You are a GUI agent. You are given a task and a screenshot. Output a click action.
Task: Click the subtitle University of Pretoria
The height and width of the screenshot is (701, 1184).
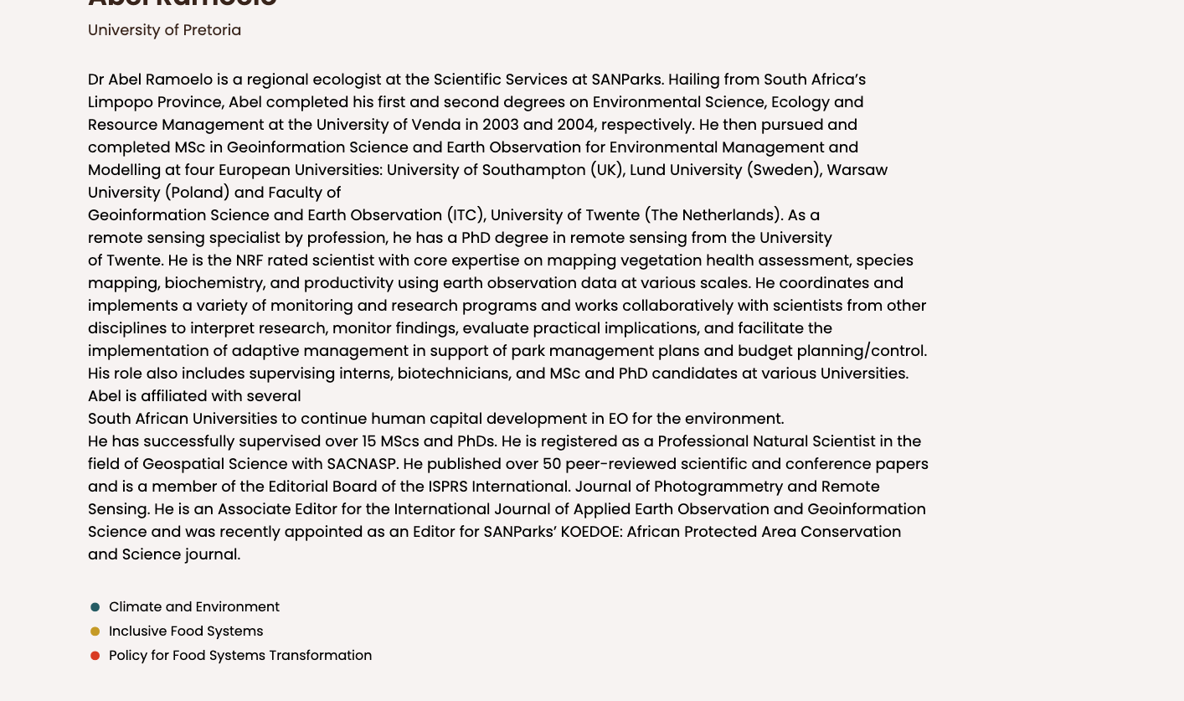click(x=164, y=30)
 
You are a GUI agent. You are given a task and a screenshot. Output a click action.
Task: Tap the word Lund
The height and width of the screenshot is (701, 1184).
click(x=647, y=170)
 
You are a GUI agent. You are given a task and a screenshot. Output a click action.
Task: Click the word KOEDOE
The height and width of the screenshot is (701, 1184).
click(x=591, y=532)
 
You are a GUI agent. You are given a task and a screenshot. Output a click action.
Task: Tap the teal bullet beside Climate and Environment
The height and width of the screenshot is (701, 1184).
click(x=95, y=607)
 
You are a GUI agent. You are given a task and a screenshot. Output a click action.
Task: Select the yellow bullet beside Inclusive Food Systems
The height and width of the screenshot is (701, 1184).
click(x=95, y=631)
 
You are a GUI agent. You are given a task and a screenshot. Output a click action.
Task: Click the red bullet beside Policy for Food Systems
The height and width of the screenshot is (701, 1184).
click(x=95, y=656)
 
